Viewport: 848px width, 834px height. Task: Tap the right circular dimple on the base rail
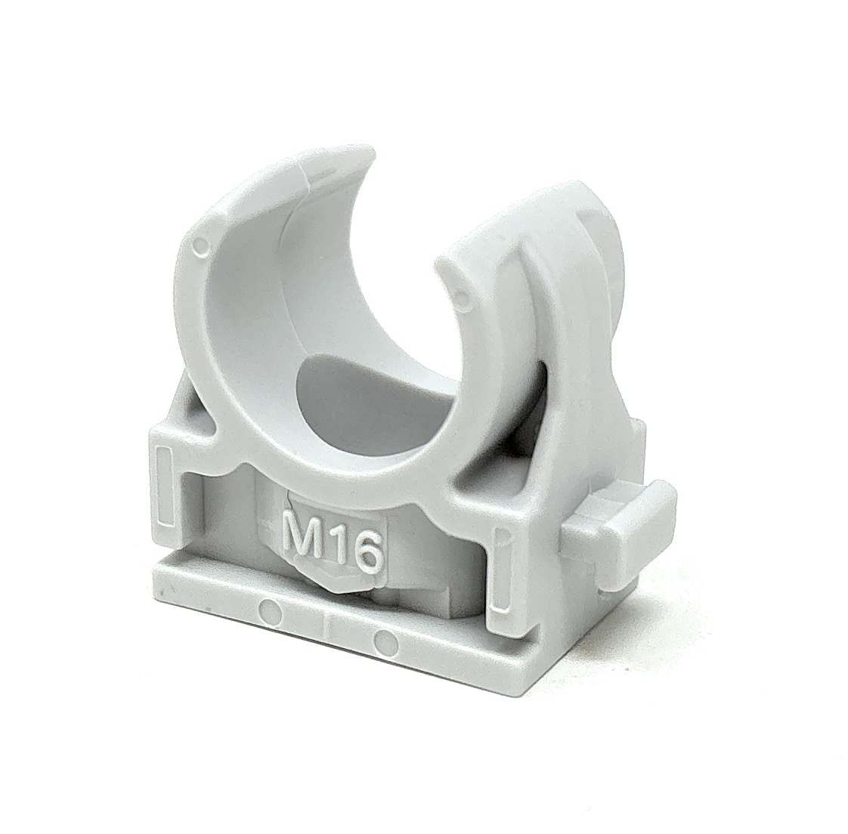tap(385, 638)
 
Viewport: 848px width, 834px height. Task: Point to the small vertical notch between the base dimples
tap(327, 623)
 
